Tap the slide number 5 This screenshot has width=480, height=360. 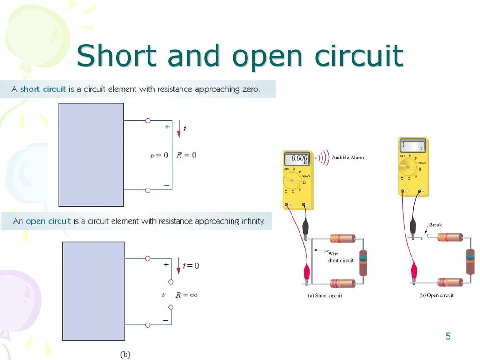click(448, 336)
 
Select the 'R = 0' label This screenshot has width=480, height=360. click(186, 155)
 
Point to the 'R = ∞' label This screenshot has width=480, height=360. click(187, 295)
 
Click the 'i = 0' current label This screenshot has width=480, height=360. click(191, 265)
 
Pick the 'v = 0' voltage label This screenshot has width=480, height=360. click(159, 155)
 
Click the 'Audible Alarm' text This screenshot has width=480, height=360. click(347, 157)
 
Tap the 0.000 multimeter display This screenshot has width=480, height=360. click(297, 158)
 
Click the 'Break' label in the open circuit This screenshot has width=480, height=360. click(435, 225)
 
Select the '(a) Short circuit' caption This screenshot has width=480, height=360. click(325, 296)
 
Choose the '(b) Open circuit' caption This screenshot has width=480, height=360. click(436, 295)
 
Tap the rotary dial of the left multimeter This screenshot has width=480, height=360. click(292, 180)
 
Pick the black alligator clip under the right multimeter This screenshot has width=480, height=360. click(413, 227)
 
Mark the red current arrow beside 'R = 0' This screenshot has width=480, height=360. click(179, 129)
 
